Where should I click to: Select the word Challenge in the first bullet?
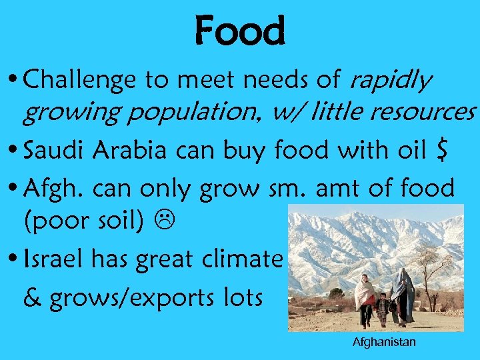point(73,81)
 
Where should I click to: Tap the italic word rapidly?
point(391,81)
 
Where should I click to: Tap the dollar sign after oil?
point(437,152)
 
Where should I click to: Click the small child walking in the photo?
point(383,309)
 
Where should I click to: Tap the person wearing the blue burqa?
point(403,297)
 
